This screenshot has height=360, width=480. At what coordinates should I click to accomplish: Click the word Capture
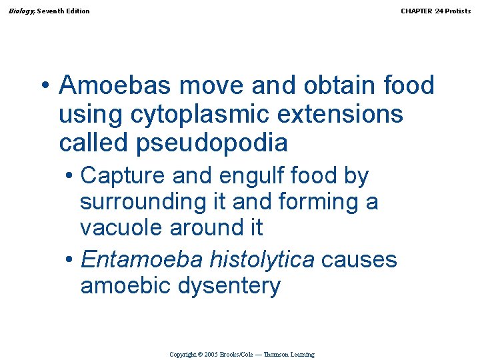point(122,176)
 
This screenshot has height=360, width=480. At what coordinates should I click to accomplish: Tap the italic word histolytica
point(262,259)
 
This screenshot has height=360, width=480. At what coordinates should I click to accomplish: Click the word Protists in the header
point(458,11)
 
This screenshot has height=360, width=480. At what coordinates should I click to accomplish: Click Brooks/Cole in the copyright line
point(236,355)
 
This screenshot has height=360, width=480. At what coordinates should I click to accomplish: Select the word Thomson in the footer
point(275,355)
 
